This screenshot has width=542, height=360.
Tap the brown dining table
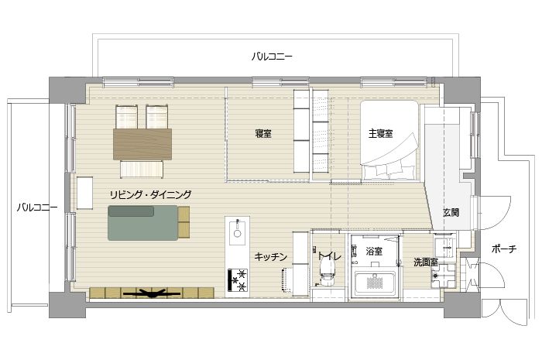pyautogui.click(x=142, y=144)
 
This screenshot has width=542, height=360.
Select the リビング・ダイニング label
pyautogui.click(x=150, y=194)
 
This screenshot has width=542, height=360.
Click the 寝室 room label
pyautogui.click(x=263, y=133)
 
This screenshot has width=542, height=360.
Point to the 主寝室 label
pyautogui.click(x=380, y=133)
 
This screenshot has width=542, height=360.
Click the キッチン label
pyautogui.click(x=271, y=257)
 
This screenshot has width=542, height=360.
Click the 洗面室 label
pyautogui.click(x=426, y=262)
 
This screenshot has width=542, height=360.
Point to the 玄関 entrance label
pyautogui.click(x=451, y=212)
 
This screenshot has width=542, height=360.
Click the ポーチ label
pyautogui.click(x=504, y=249)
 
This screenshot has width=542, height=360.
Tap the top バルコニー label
pyautogui.click(x=272, y=57)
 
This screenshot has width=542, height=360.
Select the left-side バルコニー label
pyautogui.click(x=37, y=207)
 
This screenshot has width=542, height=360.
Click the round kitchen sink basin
pyautogui.click(x=237, y=233)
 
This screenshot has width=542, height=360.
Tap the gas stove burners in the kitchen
pyautogui.click(x=238, y=279)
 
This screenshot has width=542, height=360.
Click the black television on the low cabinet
pyautogui.click(x=152, y=294)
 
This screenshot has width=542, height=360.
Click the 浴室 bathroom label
pyautogui.click(x=374, y=251)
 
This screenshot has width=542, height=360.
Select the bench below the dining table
pyautogui.click(x=142, y=170)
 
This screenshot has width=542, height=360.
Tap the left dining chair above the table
pyautogui.click(x=126, y=117)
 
